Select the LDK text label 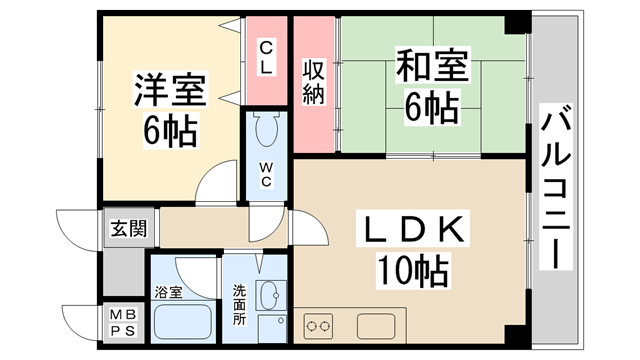(412, 231)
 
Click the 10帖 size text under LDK (412, 269)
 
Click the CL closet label (267, 56)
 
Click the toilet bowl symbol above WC (267, 131)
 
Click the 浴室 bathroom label (168, 293)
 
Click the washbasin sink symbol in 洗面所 (269, 296)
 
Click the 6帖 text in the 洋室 (170, 128)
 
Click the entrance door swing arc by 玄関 (75, 228)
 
